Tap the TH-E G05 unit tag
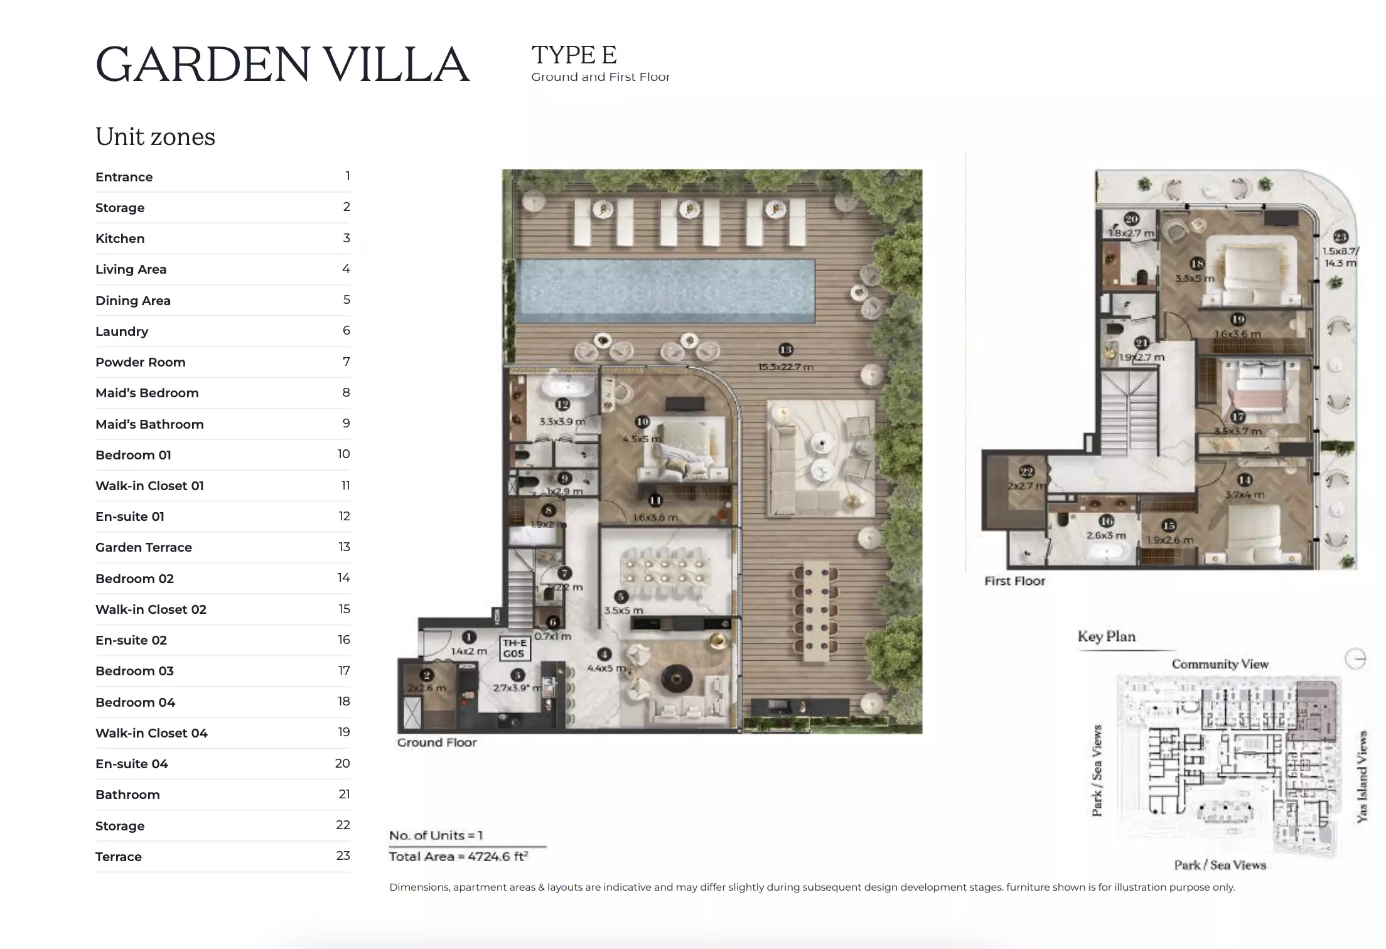click(513, 648)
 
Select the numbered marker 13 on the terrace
click(785, 350)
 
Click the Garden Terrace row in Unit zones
click(144, 547)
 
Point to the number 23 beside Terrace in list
click(343, 855)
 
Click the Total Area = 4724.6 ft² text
click(458, 857)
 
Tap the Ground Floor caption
click(437, 743)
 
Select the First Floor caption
click(1014, 581)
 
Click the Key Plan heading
click(1106, 636)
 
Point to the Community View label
click(1220, 664)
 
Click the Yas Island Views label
click(1362, 776)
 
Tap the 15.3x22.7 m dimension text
click(785, 367)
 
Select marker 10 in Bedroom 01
click(642, 422)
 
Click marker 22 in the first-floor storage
click(1026, 471)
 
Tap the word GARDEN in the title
click(203, 65)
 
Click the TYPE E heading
click(574, 55)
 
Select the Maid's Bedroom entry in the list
click(147, 393)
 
